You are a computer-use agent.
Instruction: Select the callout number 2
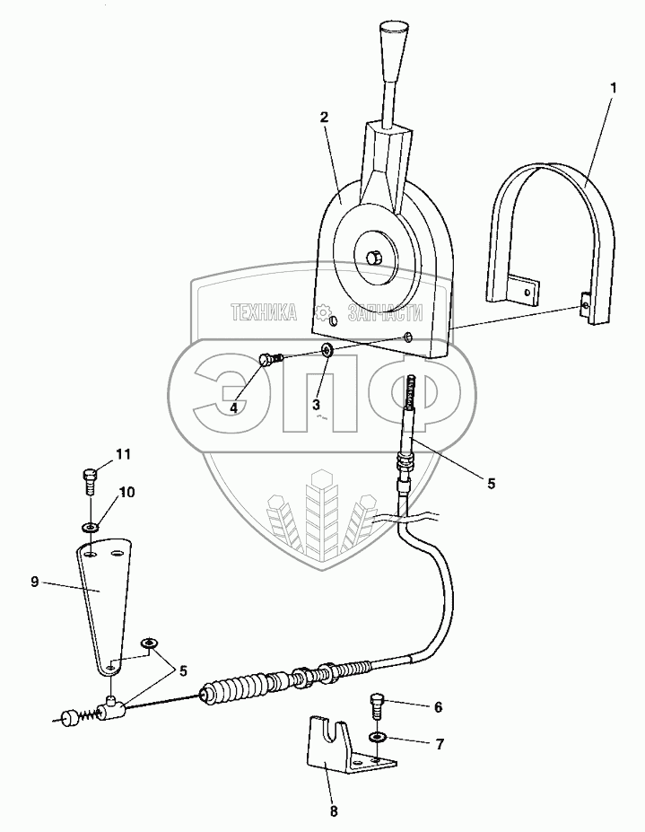coord(324,118)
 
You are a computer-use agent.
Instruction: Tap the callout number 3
coord(316,405)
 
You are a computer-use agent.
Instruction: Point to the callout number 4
coord(233,407)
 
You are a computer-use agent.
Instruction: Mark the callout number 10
coord(126,493)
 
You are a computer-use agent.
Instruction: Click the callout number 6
coord(438,707)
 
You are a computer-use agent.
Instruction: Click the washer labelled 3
coord(327,348)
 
